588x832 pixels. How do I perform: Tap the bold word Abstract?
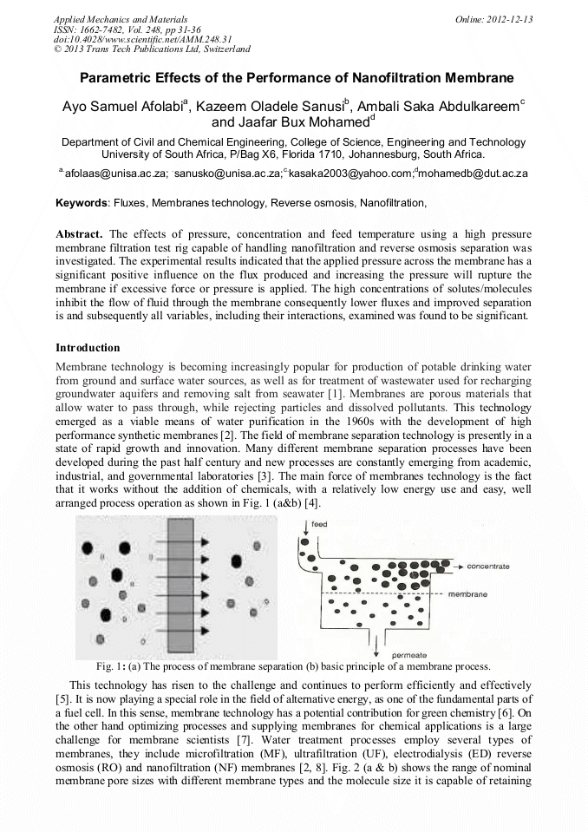pos(79,234)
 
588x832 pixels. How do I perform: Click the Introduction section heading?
pos(88,348)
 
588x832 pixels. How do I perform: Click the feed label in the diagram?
pos(319,525)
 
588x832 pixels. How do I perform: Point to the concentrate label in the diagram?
pos(488,566)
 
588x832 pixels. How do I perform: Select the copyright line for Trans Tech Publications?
pos(151,49)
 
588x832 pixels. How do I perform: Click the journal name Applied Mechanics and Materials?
pos(120,18)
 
